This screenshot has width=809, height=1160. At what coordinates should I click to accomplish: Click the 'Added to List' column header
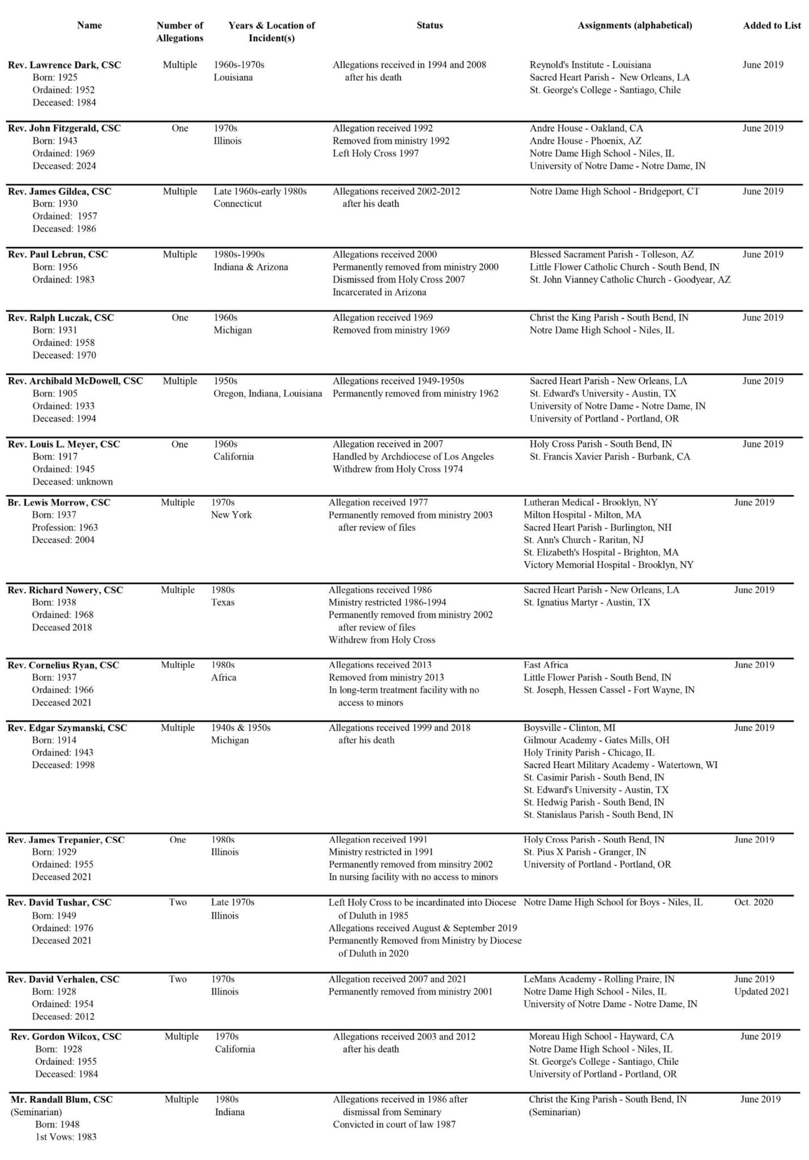[772, 25]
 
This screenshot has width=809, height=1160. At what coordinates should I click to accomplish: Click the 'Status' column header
[429, 25]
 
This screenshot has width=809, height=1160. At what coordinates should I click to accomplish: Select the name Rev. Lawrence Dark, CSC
[65, 65]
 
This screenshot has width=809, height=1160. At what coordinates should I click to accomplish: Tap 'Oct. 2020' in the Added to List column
[753, 903]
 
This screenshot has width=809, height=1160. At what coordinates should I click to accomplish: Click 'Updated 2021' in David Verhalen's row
[761, 991]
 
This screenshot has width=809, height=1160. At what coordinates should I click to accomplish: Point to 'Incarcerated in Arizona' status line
[379, 292]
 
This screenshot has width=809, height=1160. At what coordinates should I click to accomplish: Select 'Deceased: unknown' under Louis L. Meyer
[73, 482]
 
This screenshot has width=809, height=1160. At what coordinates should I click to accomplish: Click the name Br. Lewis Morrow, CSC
[59, 502]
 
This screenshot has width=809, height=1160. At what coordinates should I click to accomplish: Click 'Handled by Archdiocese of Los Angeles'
[413, 457]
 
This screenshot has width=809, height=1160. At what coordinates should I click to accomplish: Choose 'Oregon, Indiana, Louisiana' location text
[267, 394]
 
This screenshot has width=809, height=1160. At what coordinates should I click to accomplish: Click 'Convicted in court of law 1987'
[394, 1124]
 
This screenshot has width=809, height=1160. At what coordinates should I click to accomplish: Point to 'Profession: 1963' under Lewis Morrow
[65, 527]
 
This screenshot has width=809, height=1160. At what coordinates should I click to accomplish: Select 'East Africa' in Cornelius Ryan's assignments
[546, 665]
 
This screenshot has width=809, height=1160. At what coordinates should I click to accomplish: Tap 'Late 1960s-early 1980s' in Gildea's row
[260, 191]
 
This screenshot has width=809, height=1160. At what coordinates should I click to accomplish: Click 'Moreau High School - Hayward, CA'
[601, 1037]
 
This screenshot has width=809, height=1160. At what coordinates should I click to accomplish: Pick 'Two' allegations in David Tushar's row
[177, 903]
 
